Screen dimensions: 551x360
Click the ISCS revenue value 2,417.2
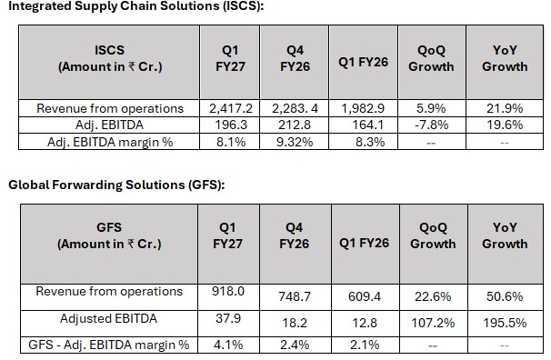[231, 108]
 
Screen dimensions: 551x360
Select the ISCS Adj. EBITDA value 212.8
[295, 125]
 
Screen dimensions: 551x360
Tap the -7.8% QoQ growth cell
[432, 125]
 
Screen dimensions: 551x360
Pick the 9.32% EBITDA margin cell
[295, 142]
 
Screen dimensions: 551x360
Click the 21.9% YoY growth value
[505, 108]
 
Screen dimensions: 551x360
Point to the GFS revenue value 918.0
[228, 291]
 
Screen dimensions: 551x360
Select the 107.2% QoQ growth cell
[433, 323]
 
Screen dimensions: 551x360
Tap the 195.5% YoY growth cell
[505, 323]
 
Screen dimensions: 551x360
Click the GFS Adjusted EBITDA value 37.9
[228, 318]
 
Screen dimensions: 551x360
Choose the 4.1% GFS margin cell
[228, 345]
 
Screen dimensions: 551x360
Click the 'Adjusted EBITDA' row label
[108, 318]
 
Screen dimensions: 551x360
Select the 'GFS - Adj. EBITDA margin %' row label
[109, 345]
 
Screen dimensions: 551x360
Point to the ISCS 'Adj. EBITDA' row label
[109, 125]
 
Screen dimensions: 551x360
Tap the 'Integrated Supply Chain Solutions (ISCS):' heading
[136, 6]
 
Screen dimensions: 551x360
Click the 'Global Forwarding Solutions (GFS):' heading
[116, 185]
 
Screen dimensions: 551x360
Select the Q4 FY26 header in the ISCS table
[295, 58]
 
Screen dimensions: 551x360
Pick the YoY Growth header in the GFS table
[505, 235]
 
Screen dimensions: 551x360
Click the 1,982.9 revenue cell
[363, 108]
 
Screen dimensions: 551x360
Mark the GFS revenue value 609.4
[365, 296]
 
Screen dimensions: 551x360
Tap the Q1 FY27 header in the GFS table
[227, 235]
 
